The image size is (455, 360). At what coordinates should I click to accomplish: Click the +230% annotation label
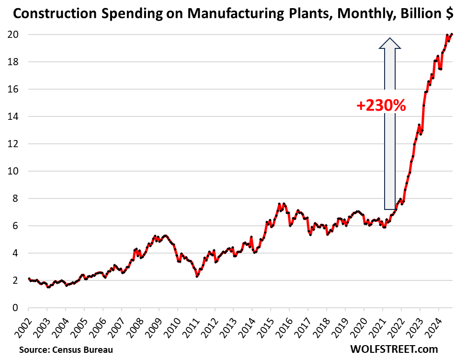pos(381,105)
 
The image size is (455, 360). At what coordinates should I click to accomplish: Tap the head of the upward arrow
pos(390,44)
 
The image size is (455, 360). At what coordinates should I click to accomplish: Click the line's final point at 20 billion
pos(452,34)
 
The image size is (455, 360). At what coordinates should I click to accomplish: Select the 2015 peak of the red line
pos(279,204)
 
